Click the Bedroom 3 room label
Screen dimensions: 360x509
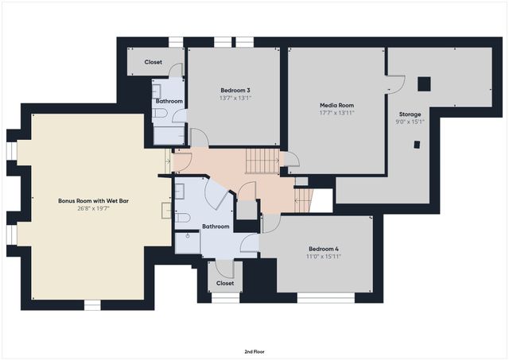234,91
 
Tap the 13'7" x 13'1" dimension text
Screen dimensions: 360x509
234,99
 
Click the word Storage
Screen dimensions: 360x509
410,114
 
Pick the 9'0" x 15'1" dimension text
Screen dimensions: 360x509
410,122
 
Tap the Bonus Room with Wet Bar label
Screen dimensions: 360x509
93,201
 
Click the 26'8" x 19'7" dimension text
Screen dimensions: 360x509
93,209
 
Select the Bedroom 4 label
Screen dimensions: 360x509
323,248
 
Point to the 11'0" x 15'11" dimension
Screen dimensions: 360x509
323,256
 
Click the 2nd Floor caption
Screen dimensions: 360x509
255,350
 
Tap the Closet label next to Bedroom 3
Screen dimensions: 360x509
153,62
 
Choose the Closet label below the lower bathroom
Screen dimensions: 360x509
225,283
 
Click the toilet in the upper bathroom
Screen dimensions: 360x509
161,115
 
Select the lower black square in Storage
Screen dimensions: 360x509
416,144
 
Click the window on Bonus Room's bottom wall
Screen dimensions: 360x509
92,304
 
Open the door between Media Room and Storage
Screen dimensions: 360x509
394,81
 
